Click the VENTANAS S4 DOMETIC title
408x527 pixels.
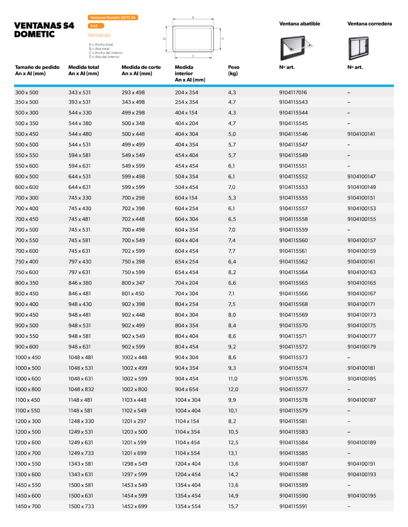[44, 30]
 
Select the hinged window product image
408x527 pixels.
[296, 48]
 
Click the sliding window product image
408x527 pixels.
[358, 48]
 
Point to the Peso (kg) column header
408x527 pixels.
[233, 70]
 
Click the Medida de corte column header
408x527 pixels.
[141, 70]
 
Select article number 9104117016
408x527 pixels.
[293, 92]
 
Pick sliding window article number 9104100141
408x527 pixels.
[361, 134]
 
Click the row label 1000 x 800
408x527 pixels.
[28, 390]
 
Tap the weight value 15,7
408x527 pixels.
[233, 507]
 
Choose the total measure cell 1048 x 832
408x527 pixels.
[81, 390]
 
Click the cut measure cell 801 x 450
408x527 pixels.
[133, 294]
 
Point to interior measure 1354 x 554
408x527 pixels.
[188, 507]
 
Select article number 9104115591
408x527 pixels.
[293, 507]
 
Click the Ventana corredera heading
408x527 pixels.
[369, 24]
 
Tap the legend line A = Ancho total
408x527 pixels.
[101, 44]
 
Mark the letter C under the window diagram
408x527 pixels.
[193, 56]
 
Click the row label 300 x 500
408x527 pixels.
[27, 92]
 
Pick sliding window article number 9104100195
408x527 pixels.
[361, 496]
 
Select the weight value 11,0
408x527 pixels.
[233, 379]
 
